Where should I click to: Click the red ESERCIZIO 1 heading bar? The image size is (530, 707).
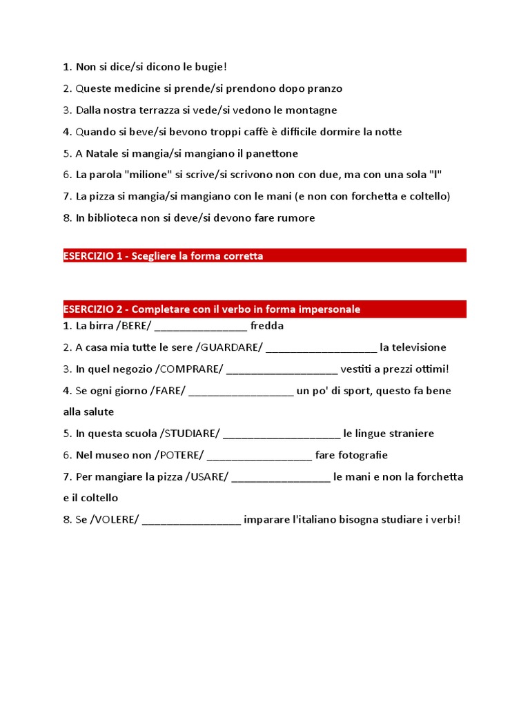(x=264, y=255)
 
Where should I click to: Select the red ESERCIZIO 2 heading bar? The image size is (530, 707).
(x=264, y=309)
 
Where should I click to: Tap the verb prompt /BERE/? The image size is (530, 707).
(x=134, y=326)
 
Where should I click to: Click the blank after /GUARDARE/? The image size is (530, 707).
(x=321, y=348)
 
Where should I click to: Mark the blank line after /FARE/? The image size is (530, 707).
(x=241, y=391)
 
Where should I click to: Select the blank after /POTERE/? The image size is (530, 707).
(x=259, y=456)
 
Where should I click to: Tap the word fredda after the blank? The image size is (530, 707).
(x=267, y=326)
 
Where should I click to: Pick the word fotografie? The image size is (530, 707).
(x=351, y=455)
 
